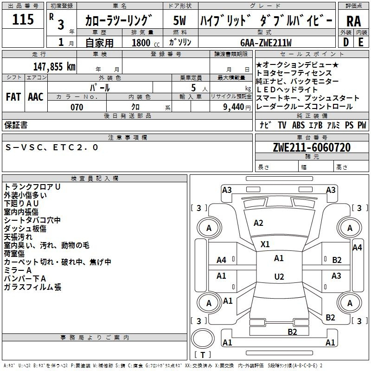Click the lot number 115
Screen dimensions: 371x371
(23, 19)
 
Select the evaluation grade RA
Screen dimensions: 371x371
(354, 21)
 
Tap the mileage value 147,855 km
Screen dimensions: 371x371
(54, 67)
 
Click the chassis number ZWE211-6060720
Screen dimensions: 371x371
(312, 147)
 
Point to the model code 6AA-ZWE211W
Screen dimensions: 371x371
(266, 43)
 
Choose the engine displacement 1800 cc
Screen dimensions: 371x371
(146, 43)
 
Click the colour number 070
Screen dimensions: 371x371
(77, 107)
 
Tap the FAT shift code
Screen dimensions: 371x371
(13, 97)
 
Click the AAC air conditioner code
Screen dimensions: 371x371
(36, 97)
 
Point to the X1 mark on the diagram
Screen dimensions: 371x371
(265, 244)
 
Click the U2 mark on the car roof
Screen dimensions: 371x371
(279, 276)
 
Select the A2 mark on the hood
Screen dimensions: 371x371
(258, 223)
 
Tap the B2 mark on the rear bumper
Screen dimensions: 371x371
(292, 332)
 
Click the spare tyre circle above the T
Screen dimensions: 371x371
(203, 339)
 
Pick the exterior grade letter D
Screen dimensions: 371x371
(346, 42)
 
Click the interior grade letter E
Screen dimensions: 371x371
(361, 42)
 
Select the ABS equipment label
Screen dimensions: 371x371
(298, 125)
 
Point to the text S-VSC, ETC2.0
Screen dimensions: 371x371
(51, 147)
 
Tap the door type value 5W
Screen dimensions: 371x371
(179, 20)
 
